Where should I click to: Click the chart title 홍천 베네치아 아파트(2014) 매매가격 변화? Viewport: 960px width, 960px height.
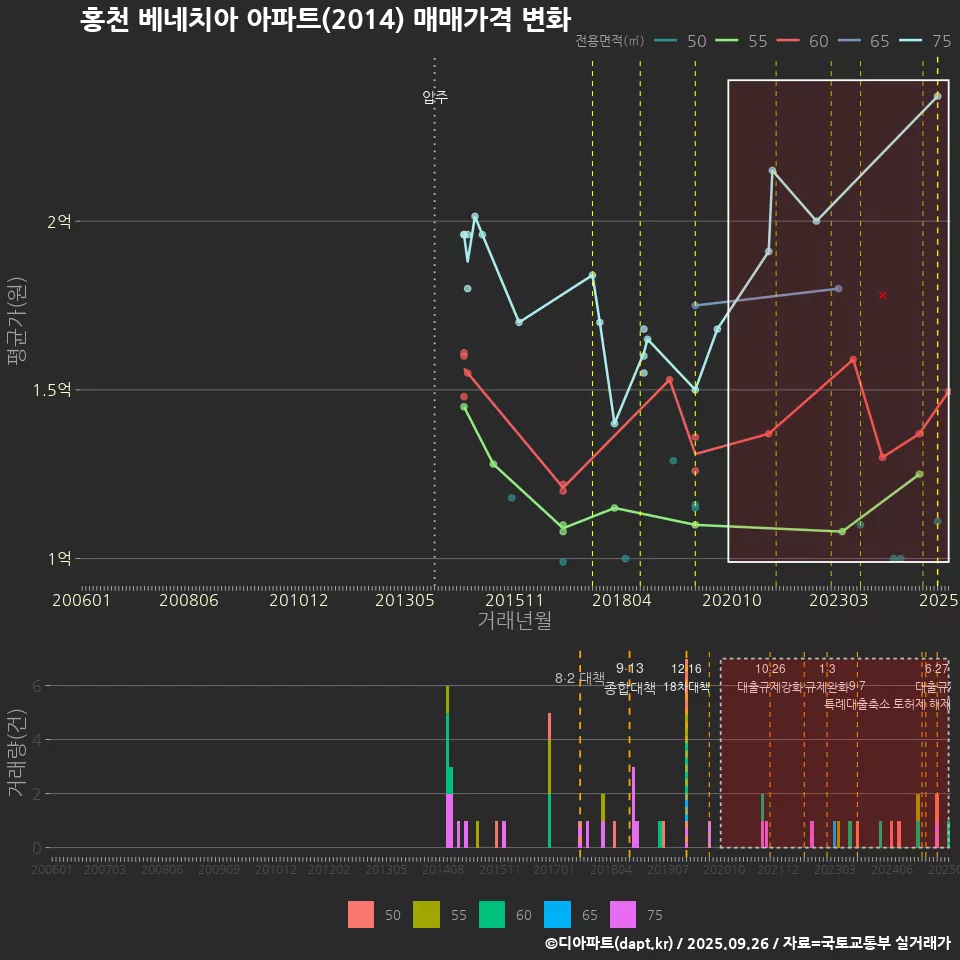[325, 20]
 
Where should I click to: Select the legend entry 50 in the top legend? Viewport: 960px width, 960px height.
[697, 41]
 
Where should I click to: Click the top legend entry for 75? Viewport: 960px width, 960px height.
[941, 41]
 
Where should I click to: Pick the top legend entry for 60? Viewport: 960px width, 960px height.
[818, 41]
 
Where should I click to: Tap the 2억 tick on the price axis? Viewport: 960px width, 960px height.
[59, 221]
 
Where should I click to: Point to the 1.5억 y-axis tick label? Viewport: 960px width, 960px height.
[52, 390]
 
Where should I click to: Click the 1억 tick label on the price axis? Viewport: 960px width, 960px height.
[59, 558]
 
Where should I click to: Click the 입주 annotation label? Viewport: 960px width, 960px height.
[435, 97]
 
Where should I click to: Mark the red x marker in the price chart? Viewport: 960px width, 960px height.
[882, 295]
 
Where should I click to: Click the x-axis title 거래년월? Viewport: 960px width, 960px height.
[514, 620]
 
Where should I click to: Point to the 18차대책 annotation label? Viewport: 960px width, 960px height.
[686, 687]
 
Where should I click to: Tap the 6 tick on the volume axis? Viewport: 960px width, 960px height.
[37, 686]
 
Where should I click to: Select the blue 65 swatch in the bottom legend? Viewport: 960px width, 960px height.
[556, 914]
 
